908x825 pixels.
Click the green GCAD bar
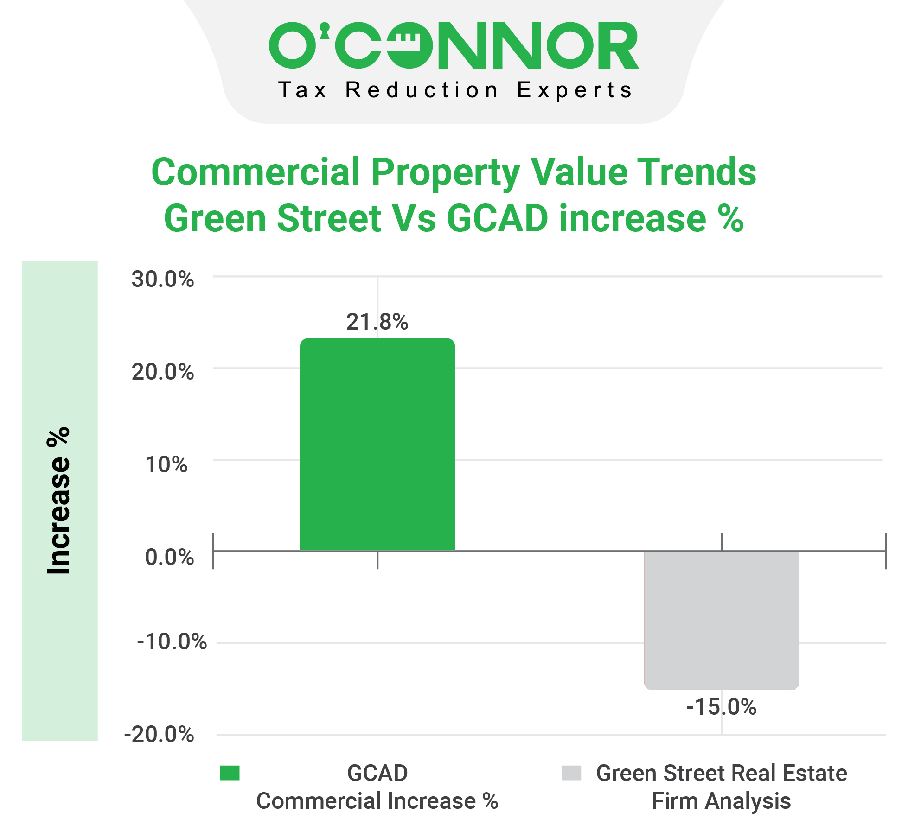click(377, 445)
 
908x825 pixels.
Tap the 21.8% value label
click(377, 322)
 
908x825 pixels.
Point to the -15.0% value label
click(721, 707)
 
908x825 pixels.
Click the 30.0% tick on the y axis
click(162, 279)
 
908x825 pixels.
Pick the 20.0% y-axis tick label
click(162, 372)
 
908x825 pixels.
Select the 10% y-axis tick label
click(166, 464)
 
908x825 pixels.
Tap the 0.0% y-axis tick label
click(169, 557)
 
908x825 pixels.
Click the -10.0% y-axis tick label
click(172, 641)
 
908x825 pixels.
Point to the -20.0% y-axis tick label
click(159, 734)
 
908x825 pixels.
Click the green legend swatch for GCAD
click(230, 773)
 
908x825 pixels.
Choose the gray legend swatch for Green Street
click(571, 773)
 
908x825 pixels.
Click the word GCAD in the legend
click(377, 773)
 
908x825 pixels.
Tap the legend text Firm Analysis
click(721, 801)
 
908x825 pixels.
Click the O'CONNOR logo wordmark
click(454, 46)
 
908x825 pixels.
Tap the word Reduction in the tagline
click(421, 90)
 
